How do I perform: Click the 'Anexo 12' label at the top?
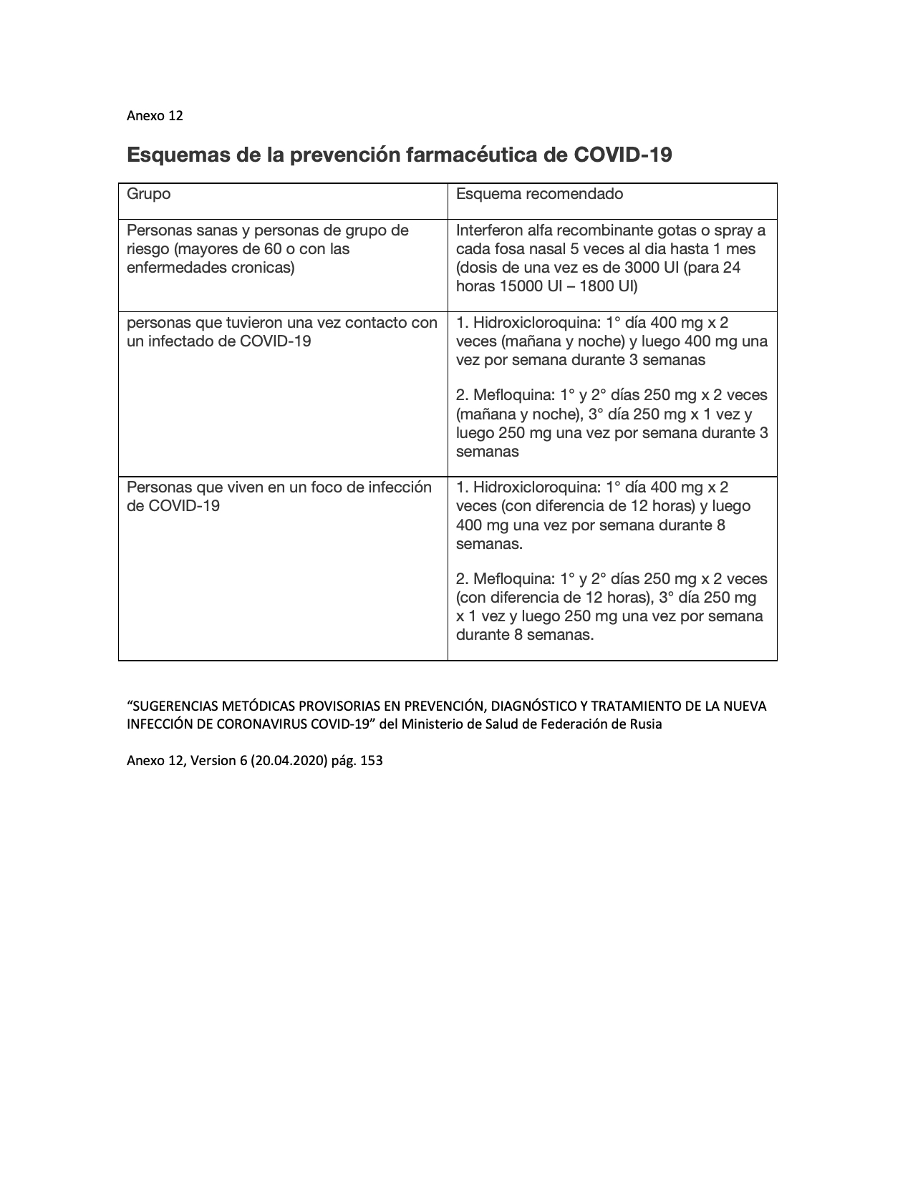pyautogui.click(x=155, y=115)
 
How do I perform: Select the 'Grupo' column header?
pyautogui.click(x=148, y=194)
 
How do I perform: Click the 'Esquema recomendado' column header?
pyautogui.click(x=539, y=194)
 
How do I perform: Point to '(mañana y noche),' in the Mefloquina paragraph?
pyautogui.click(x=518, y=414)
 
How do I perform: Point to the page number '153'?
pyautogui.click(x=371, y=760)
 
